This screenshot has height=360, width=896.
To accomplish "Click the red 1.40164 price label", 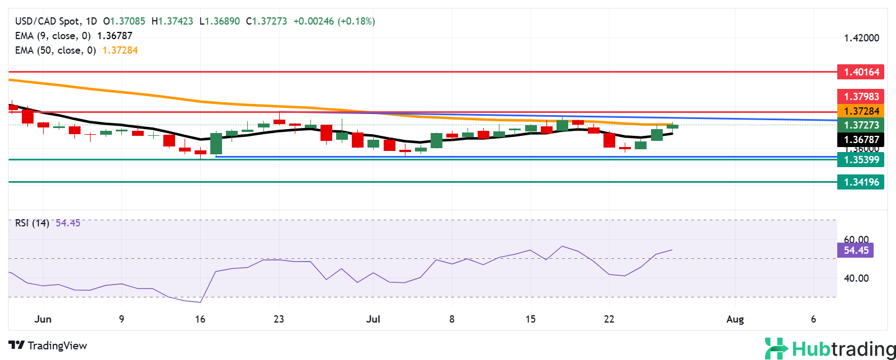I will point(861,72).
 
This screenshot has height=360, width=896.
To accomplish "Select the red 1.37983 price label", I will point(861,96).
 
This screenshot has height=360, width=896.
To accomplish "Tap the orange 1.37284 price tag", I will point(861,111).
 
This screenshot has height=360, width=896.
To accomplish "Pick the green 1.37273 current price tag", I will point(861,125).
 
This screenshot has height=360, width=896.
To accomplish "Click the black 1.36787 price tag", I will point(861,140).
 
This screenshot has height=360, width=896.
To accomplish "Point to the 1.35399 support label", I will point(861,160).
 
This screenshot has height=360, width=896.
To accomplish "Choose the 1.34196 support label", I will point(861,182).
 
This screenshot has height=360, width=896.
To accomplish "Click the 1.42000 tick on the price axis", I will point(861,38).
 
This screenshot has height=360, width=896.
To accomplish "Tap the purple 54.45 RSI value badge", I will point(856,250).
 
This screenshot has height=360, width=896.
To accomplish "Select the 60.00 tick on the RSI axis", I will point(856,239).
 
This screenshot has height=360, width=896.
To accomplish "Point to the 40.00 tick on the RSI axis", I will point(856,278).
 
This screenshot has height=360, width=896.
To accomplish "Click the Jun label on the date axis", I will point(43,319).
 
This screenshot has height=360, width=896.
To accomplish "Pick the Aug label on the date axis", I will point(735,319).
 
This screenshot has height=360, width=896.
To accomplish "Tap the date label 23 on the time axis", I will point(279,319).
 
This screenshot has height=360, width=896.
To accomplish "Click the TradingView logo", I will point(48,345).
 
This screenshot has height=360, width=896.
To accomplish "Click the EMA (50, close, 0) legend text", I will point(55,50).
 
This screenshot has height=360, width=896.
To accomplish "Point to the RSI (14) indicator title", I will point(32,223).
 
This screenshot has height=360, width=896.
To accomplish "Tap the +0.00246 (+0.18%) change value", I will point(334,21).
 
